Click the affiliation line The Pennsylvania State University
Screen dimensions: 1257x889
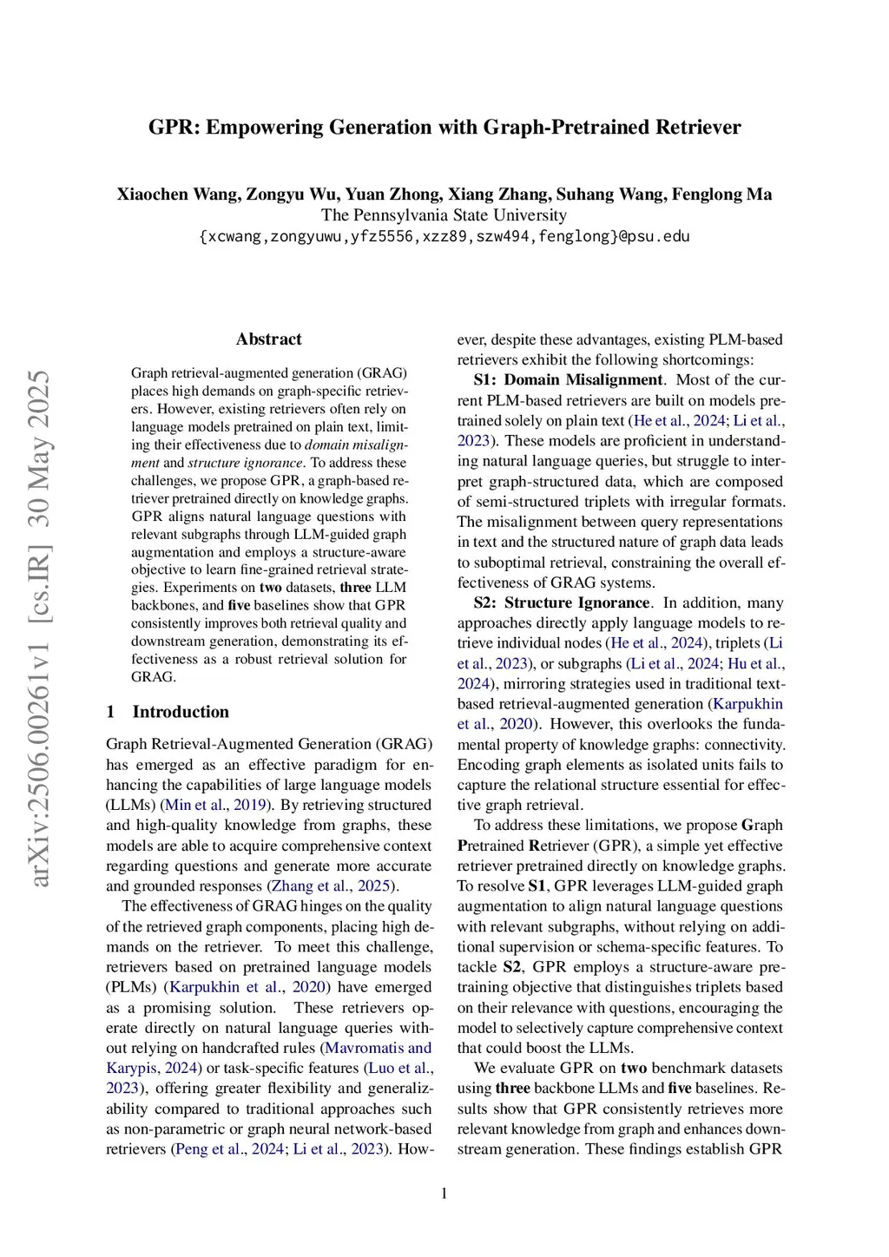[x=444, y=215]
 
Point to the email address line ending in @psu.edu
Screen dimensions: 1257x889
[x=444, y=236]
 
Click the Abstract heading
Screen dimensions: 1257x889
[x=268, y=339]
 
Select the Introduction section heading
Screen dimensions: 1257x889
[x=181, y=712]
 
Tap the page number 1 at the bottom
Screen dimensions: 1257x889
[x=444, y=1194]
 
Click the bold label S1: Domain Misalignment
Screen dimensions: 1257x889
[x=569, y=380]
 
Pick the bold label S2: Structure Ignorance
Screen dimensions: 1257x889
[x=562, y=603]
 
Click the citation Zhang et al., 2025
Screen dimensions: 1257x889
[x=331, y=886]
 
